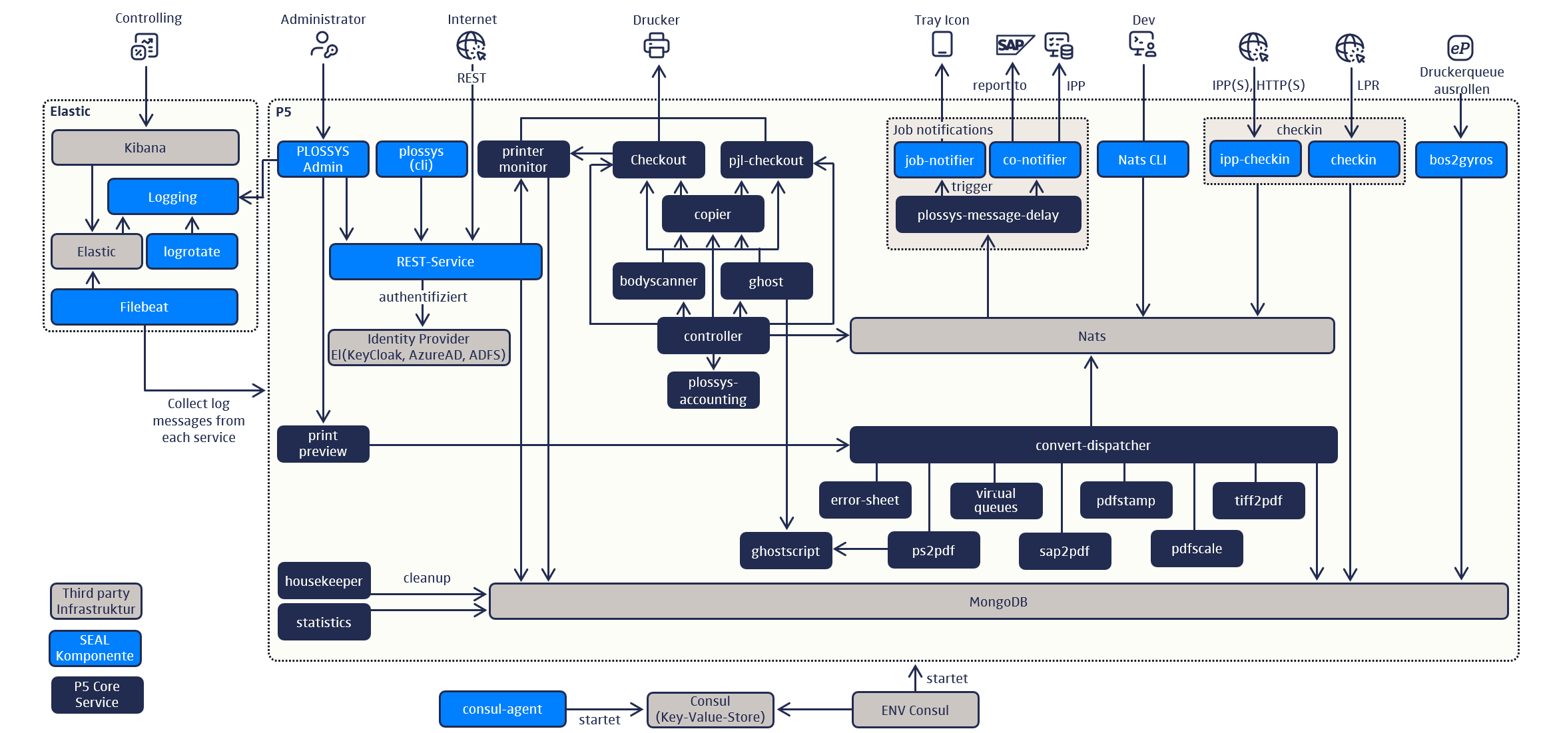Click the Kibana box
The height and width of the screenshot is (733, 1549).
pos(145,148)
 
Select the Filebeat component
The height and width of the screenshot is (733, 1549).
pos(145,307)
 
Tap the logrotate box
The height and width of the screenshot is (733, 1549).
pos(192,252)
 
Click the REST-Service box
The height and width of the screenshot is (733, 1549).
pos(436,262)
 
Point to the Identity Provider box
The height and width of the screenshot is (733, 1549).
pos(419,347)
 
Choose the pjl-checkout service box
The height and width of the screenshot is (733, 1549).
pos(766,160)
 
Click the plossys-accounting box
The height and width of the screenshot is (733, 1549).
pos(713,391)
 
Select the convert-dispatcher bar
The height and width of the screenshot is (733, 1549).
pos(1093,445)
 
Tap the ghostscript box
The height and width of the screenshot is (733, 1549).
pos(786,551)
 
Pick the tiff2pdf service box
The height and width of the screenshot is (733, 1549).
pos(1258,501)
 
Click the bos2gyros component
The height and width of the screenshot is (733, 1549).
pos(1460,160)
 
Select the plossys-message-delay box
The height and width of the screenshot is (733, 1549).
pos(988,215)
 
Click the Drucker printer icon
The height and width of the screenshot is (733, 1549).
pos(656,46)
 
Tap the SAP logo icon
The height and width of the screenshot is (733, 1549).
pos(1013,45)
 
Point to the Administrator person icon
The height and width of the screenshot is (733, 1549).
pos(324,45)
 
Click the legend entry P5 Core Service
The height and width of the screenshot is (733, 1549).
pos(97,694)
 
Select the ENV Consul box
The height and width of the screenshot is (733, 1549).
pos(915,710)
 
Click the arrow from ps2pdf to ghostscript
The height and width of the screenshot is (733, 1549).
pos(860,549)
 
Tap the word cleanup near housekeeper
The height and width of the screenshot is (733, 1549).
pos(427,578)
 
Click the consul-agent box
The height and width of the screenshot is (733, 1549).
pos(502,709)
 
